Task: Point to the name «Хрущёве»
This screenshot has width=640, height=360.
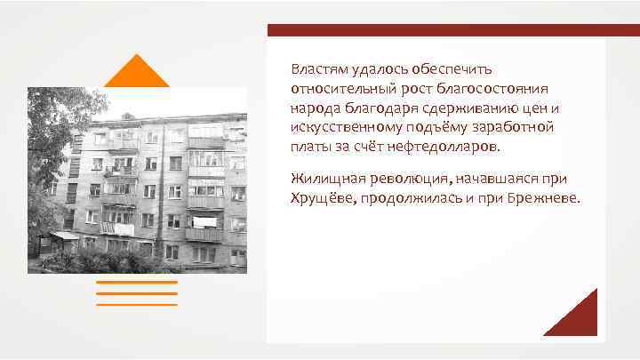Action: pyautogui.click(x=320, y=200)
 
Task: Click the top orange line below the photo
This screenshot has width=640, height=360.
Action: pyautogui.click(x=136, y=283)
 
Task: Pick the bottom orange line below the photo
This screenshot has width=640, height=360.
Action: pyautogui.click(x=136, y=304)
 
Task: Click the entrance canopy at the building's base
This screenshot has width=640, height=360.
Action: pyautogui.click(x=64, y=236)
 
